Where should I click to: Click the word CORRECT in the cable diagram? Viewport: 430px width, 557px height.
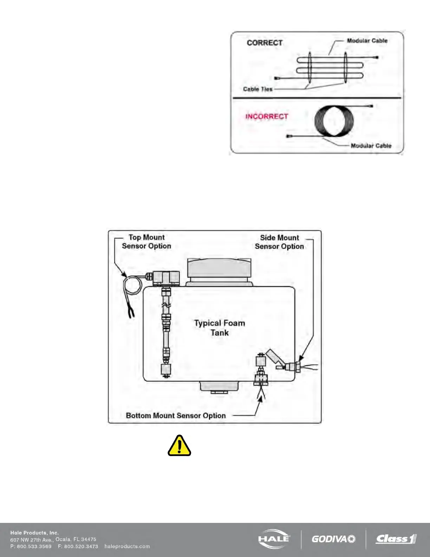265,43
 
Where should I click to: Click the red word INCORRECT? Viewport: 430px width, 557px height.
267,116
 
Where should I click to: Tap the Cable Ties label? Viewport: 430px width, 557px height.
258,89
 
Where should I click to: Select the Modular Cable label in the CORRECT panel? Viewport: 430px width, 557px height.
367,41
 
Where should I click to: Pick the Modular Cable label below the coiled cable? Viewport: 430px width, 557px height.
371,146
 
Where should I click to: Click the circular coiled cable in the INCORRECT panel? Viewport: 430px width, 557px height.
334,121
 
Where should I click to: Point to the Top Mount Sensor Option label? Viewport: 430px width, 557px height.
146,242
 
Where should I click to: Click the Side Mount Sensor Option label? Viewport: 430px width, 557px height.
279,242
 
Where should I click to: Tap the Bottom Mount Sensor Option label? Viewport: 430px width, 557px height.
176,416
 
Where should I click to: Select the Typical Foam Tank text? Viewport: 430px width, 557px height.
220,328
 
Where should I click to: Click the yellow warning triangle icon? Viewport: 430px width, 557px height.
179,446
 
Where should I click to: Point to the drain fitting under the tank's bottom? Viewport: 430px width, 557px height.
220,387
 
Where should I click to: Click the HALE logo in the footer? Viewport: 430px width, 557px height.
274,538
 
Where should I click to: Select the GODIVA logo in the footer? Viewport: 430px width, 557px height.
333,539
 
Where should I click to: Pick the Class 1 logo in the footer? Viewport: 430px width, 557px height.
396,539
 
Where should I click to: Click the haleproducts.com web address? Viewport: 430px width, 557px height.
127,546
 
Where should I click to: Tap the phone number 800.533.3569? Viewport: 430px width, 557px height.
34,546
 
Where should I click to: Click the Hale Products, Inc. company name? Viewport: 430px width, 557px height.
34,533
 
